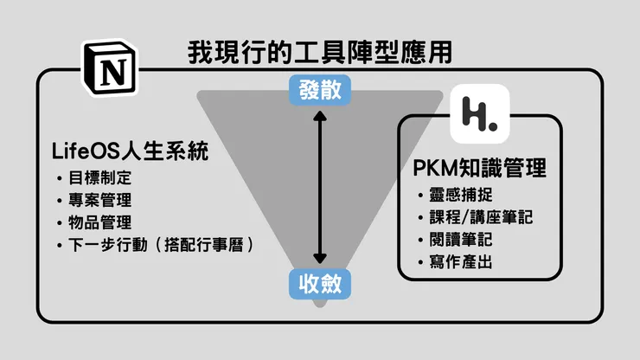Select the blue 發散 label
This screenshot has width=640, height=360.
pyautogui.click(x=320, y=91)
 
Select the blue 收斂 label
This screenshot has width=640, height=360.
pyautogui.click(x=320, y=283)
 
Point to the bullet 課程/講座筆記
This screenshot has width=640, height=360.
pyautogui.click(x=481, y=216)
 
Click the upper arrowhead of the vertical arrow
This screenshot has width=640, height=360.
pyautogui.click(x=320, y=116)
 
